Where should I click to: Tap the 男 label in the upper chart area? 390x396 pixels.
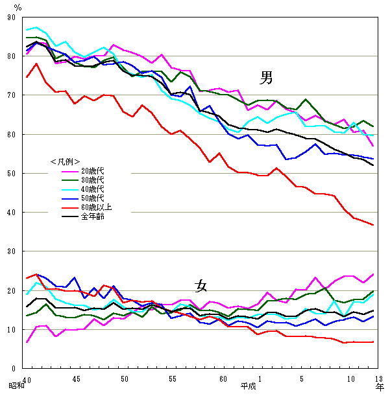click(x=266, y=78)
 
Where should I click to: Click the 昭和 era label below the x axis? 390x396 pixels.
click(x=16, y=386)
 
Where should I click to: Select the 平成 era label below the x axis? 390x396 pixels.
click(x=249, y=386)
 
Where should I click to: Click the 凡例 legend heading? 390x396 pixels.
click(x=65, y=161)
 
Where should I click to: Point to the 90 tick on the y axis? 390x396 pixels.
click(x=12, y=17)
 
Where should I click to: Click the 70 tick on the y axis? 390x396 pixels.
click(x=12, y=95)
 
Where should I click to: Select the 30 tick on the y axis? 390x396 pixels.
click(x=12, y=251)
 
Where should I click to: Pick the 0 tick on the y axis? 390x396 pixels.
click(x=14, y=368)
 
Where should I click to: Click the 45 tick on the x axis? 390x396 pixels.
click(x=77, y=379)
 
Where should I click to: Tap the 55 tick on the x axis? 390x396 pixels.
click(x=173, y=379)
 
